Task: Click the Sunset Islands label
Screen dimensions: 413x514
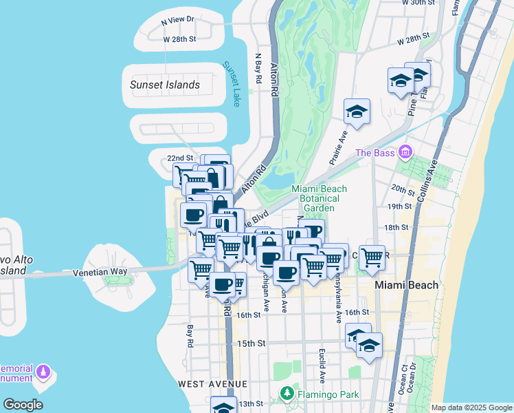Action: coord(165,85)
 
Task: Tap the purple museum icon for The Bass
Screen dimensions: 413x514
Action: coord(405,151)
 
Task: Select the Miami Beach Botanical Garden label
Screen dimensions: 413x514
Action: coord(319,198)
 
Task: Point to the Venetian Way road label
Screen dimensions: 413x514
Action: coord(101,273)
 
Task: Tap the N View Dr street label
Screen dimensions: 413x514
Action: coord(178,22)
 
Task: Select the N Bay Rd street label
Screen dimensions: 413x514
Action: coord(259,69)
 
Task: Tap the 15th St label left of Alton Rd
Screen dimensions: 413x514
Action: coord(252,343)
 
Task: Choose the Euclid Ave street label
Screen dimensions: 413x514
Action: coord(322,364)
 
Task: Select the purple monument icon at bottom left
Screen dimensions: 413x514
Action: coord(44,372)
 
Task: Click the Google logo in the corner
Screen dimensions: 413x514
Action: coord(23,405)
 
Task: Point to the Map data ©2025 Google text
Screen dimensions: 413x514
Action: coord(471,407)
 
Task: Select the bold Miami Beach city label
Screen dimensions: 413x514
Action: coord(406,285)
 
